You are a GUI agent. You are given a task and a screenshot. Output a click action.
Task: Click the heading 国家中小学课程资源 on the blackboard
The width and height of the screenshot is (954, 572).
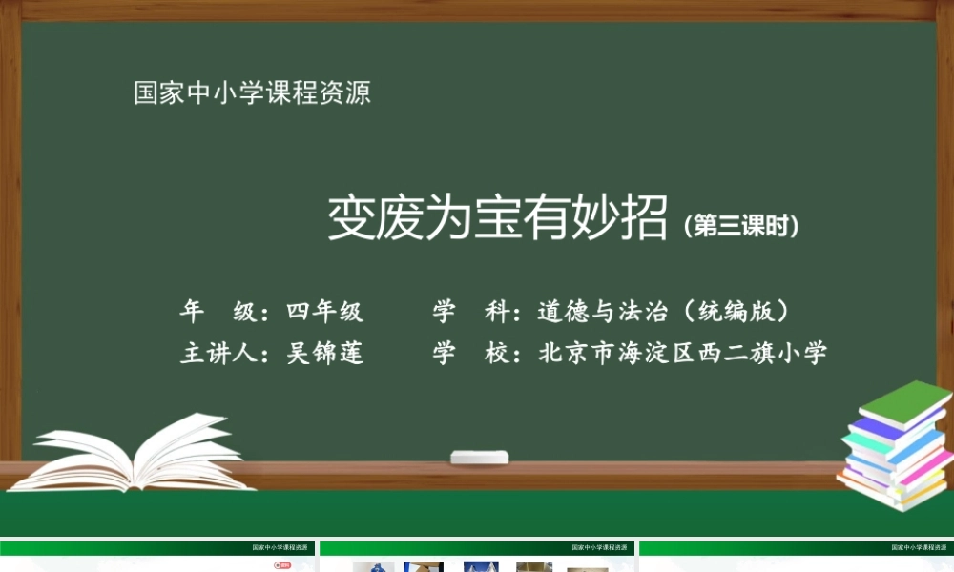(x=252, y=93)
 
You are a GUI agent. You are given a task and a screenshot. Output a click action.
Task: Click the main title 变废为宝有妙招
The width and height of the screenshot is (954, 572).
(x=497, y=219)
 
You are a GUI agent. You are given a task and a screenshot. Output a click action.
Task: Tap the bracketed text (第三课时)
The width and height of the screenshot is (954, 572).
(x=740, y=226)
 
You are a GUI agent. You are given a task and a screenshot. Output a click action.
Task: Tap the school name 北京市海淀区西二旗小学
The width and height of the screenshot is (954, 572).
(x=682, y=353)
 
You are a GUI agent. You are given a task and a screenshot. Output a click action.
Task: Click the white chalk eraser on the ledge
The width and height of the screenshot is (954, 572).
(x=479, y=458)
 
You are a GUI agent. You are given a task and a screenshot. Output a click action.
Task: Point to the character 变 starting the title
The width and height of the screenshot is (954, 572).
(x=350, y=219)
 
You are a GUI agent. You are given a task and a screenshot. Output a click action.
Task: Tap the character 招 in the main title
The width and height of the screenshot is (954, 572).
(x=644, y=219)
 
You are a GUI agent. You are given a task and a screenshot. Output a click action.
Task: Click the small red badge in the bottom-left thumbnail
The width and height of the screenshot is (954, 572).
(x=281, y=564)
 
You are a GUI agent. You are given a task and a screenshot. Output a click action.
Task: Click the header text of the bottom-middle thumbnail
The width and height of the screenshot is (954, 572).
(x=598, y=548)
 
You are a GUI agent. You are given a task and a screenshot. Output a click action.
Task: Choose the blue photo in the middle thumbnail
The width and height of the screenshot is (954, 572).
(x=481, y=566)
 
